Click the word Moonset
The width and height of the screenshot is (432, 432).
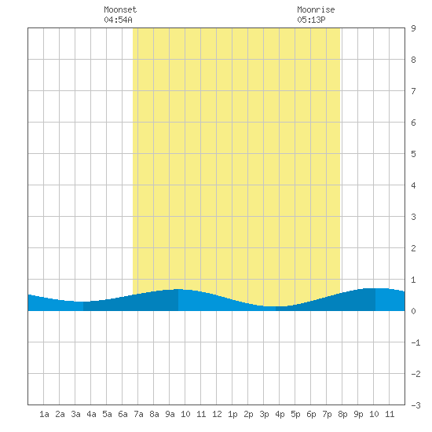click(120, 9)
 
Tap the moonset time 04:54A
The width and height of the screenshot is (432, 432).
click(118, 20)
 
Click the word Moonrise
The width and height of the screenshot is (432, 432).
click(316, 9)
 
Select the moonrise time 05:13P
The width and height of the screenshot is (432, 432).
click(311, 20)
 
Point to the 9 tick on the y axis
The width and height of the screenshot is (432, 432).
click(413, 28)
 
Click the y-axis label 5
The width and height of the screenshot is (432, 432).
click(413, 154)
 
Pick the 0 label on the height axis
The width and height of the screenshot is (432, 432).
click(413, 311)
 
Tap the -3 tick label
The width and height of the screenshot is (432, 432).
click(416, 405)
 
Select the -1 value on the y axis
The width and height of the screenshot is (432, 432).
click(416, 342)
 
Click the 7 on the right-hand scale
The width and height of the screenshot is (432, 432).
click(413, 91)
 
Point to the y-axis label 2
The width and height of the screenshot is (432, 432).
click(413, 248)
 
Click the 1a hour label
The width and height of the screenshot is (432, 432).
click(44, 414)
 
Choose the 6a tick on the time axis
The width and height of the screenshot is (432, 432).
click(123, 414)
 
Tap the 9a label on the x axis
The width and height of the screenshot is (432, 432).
click(170, 414)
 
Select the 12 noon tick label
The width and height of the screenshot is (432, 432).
click(217, 414)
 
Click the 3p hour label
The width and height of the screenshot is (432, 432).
click(264, 414)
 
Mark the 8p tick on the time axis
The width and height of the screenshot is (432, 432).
click(342, 414)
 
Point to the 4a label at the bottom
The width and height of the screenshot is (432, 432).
click(91, 414)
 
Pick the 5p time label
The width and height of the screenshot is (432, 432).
click(295, 414)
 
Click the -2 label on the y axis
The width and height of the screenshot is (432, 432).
click(416, 374)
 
